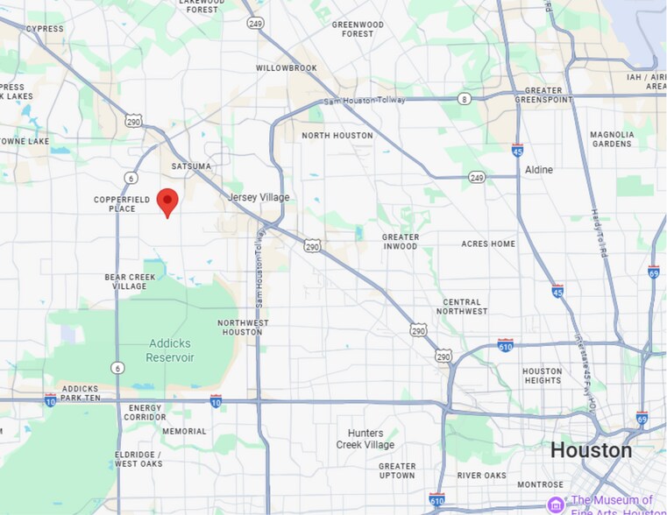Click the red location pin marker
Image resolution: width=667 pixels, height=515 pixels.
[x=167, y=201]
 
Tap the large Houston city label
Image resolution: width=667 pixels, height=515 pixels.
[x=591, y=450]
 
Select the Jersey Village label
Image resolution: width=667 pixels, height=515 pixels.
[x=259, y=198]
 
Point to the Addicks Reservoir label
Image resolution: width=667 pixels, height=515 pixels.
[x=159, y=351]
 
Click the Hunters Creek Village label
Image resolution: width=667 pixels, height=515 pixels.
[x=365, y=439]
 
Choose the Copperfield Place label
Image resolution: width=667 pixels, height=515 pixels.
[x=115, y=204]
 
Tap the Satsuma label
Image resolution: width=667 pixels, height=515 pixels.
[x=191, y=166]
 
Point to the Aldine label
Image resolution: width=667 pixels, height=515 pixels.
[x=539, y=170]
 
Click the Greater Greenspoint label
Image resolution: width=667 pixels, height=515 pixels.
[x=543, y=95]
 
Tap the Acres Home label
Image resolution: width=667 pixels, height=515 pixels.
[x=488, y=243]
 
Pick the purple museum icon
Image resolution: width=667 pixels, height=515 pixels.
[x=556, y=504]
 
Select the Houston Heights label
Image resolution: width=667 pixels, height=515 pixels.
[x=542, y=376]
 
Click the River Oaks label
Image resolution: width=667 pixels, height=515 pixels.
[x=481, y=476]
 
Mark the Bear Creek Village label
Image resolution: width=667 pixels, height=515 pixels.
[x=125, y=281]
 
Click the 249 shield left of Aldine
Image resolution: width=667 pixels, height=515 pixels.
[x=477, y=177]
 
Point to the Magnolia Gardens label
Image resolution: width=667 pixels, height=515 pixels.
[x=612, y=139]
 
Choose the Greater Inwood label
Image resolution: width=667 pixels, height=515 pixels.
[x=401, y=242]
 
